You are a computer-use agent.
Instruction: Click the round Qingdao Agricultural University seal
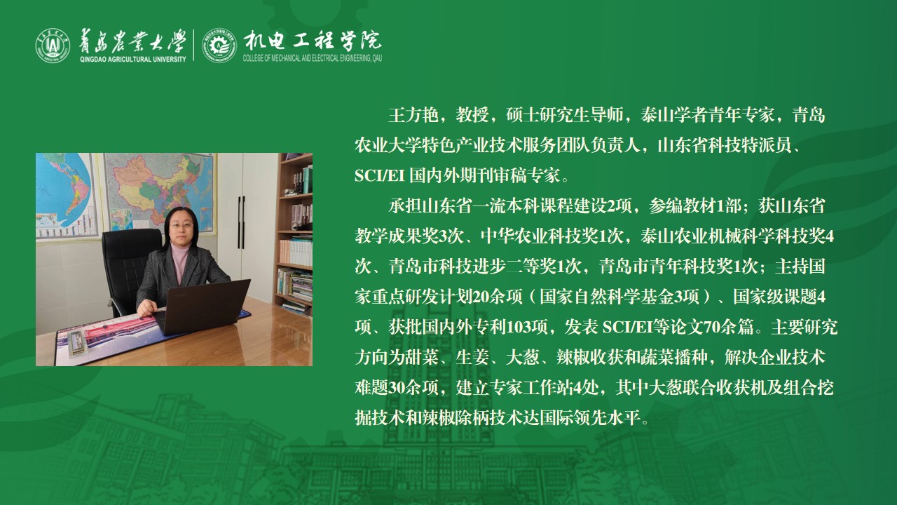tap(53, 46)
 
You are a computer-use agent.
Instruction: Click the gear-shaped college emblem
tap(219, 46)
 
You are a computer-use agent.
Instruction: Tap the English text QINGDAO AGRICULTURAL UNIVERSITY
tap(133, 60)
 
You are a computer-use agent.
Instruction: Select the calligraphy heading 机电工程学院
tap(313, 41)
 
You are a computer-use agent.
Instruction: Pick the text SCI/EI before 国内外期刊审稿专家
tap(379, 176)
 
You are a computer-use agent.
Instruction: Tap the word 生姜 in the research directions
tap(472, 358)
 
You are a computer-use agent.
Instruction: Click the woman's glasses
tap(182, 225)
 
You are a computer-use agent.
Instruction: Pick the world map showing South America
tap(66, 196)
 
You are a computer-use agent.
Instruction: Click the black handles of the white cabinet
tap(241, 222)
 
